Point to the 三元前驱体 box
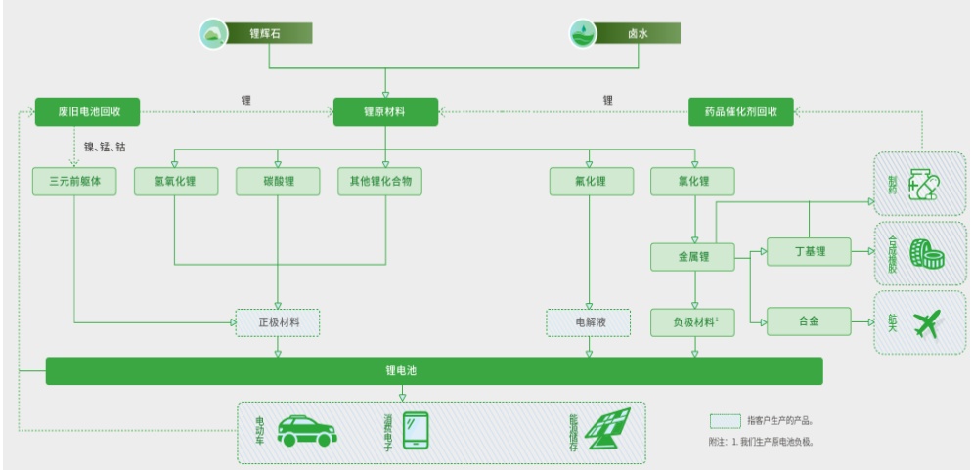(x=75, y=182)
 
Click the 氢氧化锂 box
(x=175, y=182)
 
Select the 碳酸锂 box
(x=278, y=182)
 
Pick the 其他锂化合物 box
(x=380, y=182)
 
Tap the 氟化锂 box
(x=589, y=182)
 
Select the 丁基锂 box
(x=808, y=252)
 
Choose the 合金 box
(x=808, y=320)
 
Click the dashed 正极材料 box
(x=278, y=320)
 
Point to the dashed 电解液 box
(x=589, y=320)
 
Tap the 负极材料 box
(x=692, y=320)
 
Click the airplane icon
(x=924, y=322)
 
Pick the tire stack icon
(x=924, y=250)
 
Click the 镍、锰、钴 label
(x=105, y=148)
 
